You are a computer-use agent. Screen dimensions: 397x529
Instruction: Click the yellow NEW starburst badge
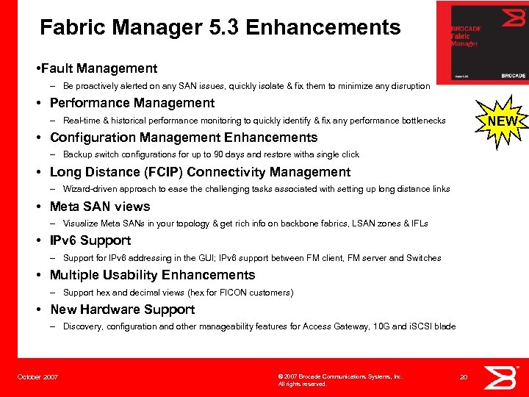click(x=502, y=121)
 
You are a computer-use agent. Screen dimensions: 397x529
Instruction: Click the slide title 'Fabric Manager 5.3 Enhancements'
click(x=220, y=28)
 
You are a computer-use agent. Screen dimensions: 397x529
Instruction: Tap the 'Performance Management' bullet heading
click(x=132, y=103)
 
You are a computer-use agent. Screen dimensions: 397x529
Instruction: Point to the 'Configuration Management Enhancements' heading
click(x=183, y=137)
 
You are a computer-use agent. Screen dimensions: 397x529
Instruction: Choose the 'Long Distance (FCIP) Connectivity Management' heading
click(x=200, y=172)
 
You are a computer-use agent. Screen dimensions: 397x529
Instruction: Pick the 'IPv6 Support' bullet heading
click(x=90, y=240)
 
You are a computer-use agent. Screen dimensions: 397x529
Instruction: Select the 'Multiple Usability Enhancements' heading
click(x=152, y=275)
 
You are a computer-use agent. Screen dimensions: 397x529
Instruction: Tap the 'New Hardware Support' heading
click(x=122, y=310)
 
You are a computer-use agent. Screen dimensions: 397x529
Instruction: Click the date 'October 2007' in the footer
click(x=37, y=377)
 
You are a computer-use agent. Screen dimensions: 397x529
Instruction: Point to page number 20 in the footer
click(x=463, y=377)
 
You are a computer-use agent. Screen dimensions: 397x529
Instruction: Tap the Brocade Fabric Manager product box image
click(x=483, y=42)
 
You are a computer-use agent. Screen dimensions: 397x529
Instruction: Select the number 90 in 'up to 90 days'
click(x=219, y=154)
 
